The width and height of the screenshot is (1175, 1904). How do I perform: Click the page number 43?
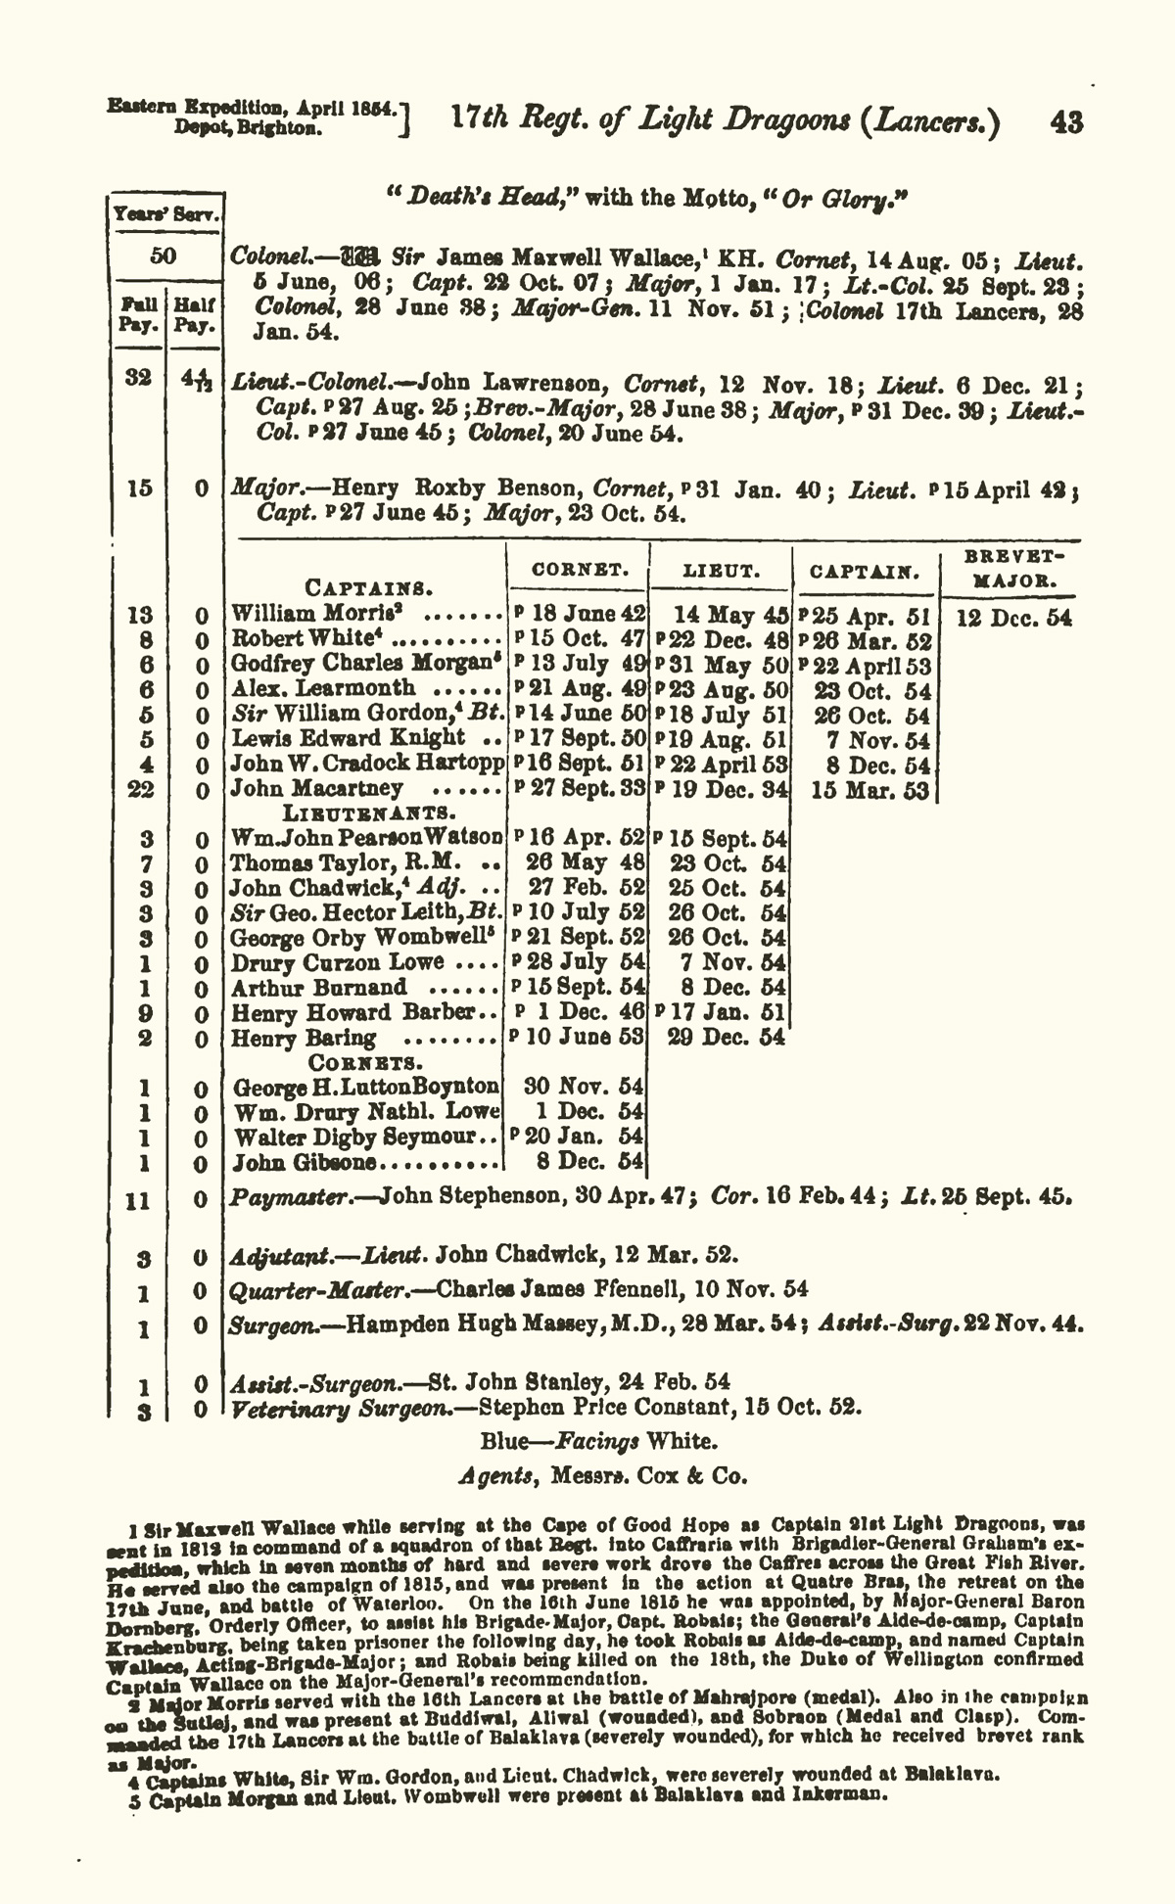tap(1065, 122)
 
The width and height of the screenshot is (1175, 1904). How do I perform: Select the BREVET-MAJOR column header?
tap(1009, 568)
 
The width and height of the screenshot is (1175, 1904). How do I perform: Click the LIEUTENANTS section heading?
tap(367, 813)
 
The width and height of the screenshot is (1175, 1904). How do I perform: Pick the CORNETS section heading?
tap(366, 1061)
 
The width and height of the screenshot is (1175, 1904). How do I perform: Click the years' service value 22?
tap(140, 789)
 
